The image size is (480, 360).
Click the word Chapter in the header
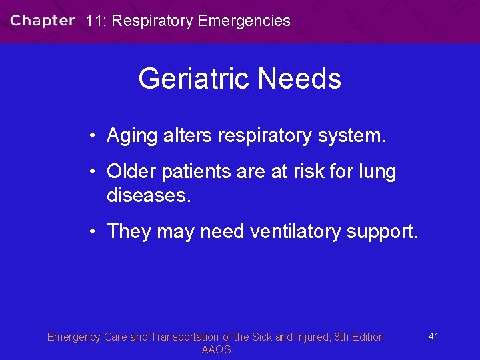tap(42, 21)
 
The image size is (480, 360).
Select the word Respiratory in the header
tap(152, 21)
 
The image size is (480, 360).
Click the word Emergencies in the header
tap(244, 21)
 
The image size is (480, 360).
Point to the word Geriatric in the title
tap(194, 79)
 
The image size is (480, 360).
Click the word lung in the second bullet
tap(376, 172)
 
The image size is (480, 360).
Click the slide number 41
tap(433, 336)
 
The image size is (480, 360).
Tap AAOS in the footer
tap(216, 350)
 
